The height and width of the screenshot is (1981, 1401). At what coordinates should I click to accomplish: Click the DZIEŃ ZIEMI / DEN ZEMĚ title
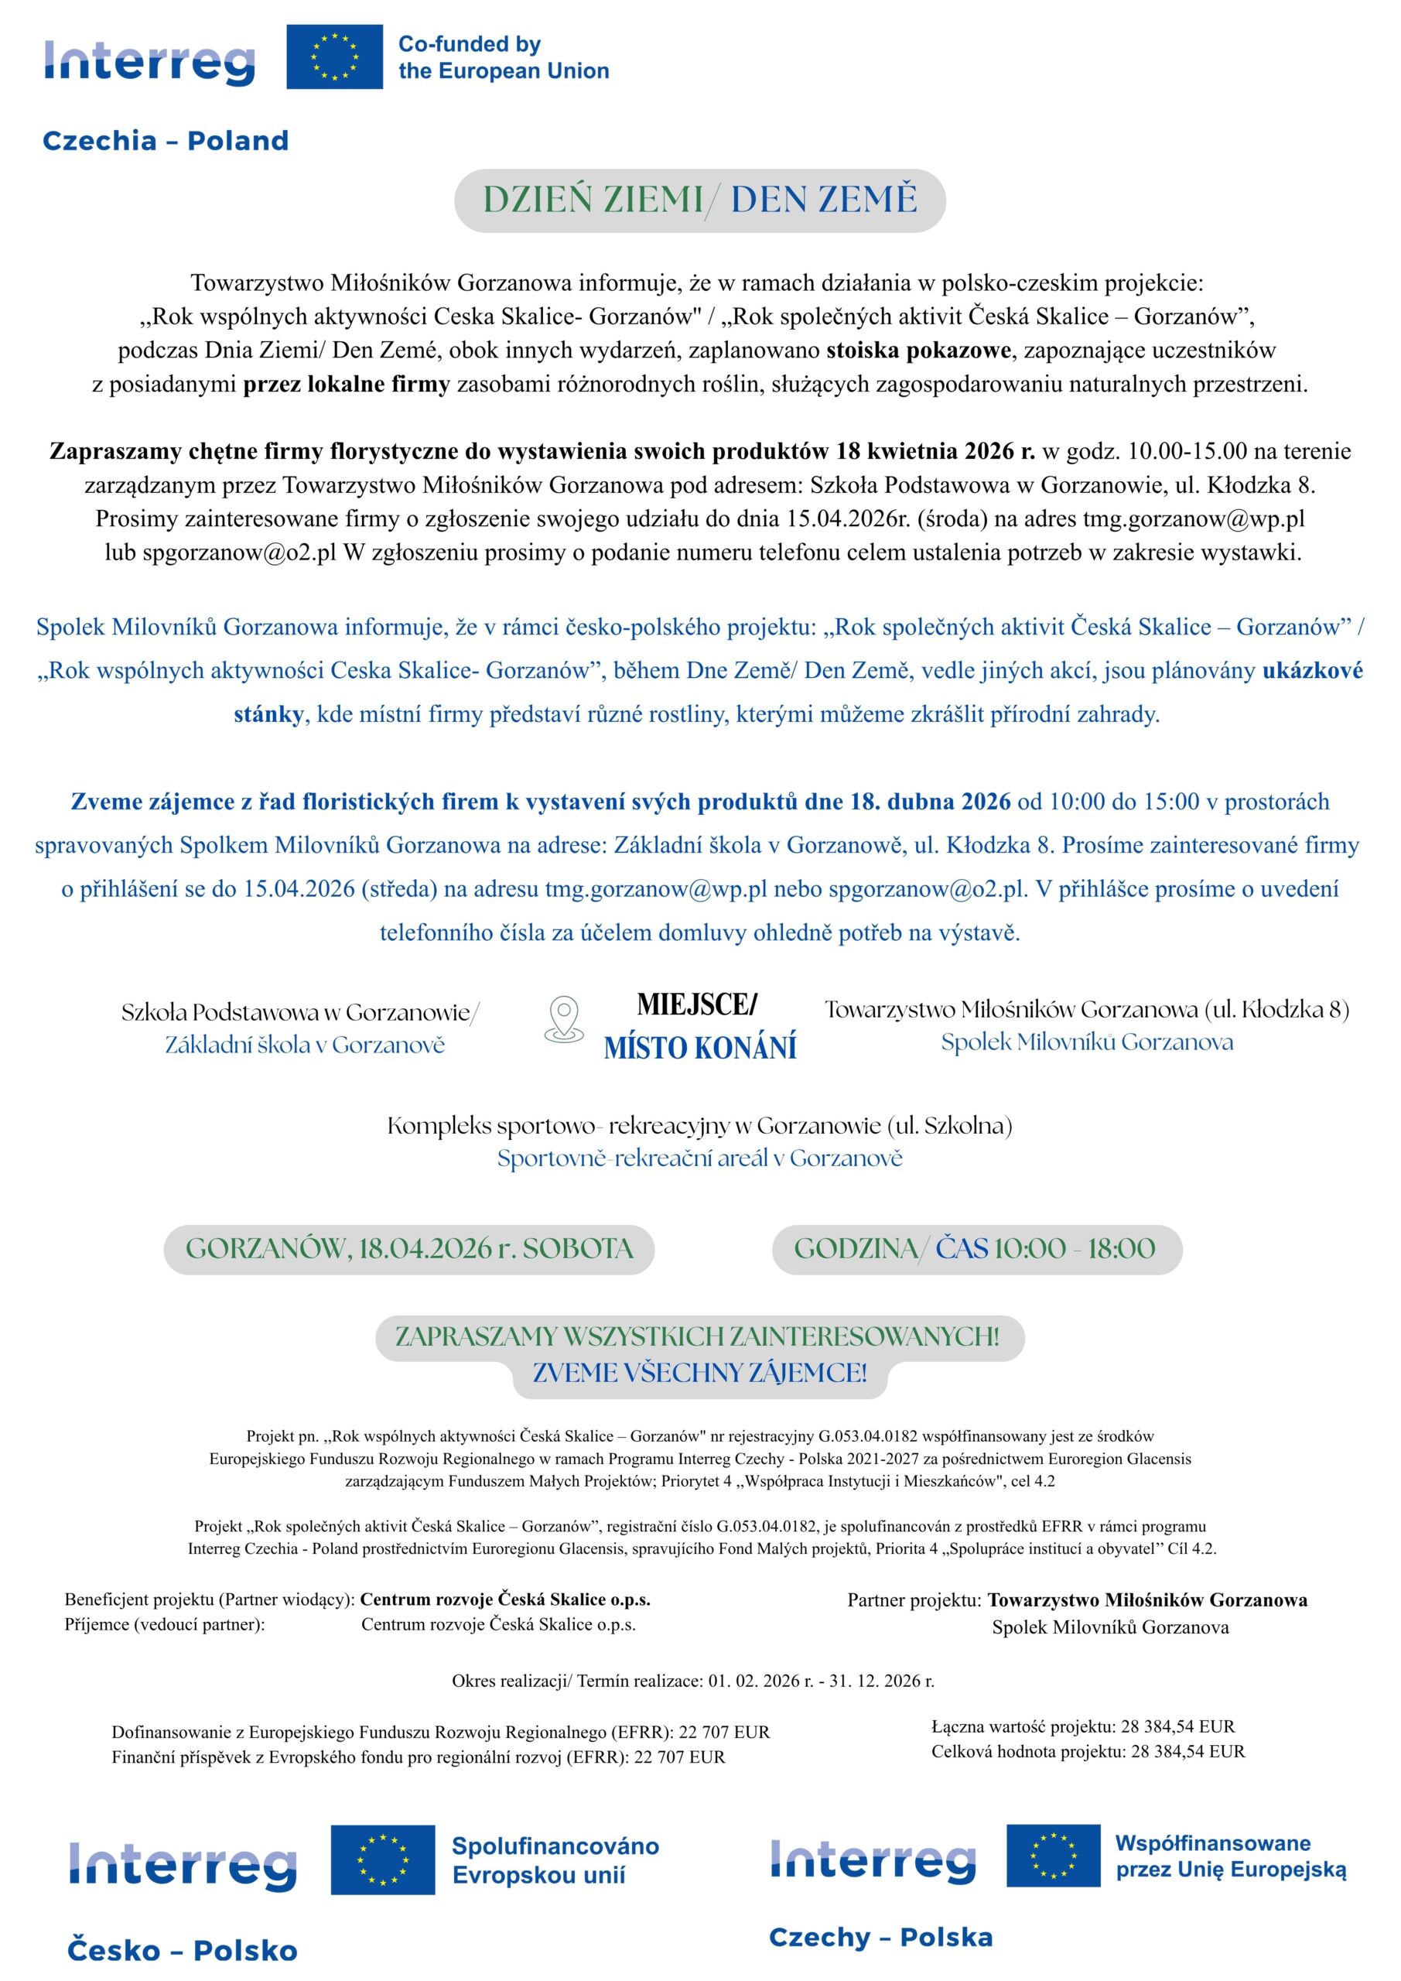[x=699, y=200]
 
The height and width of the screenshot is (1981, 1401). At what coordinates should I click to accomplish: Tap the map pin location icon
[x=564, y=1020]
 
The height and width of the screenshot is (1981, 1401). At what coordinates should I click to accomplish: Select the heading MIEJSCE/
[x=696, y=1004]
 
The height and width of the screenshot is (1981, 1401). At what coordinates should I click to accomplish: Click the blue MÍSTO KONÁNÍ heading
[x=699, y=1048]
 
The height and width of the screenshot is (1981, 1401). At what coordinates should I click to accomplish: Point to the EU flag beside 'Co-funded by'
[x=335, y=57]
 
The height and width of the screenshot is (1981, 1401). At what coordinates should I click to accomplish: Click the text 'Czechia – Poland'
[x=166, y=141]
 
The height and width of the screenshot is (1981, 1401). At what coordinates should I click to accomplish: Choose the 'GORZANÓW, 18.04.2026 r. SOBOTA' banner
[x=409, y=1248]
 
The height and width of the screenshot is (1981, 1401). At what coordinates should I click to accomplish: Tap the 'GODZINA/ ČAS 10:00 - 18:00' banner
[x=976, y=1248]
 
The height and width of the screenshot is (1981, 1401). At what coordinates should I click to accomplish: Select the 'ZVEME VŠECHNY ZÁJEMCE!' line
[x=699, y=1373]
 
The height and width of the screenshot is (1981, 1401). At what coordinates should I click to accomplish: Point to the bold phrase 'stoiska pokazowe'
[x=918, y=351]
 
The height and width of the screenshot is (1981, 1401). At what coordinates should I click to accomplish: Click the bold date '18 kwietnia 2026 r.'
[x=936, y=451]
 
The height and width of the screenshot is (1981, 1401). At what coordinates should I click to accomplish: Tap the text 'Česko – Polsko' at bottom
[x=183, y=1952]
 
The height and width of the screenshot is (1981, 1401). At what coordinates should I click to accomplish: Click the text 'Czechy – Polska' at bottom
[x=881, y=1938]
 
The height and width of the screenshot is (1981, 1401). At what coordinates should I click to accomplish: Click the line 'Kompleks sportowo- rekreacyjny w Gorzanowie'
[x=699, y=1126]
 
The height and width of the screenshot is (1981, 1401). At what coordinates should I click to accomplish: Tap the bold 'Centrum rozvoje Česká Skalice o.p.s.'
[x=505, y=1600]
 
